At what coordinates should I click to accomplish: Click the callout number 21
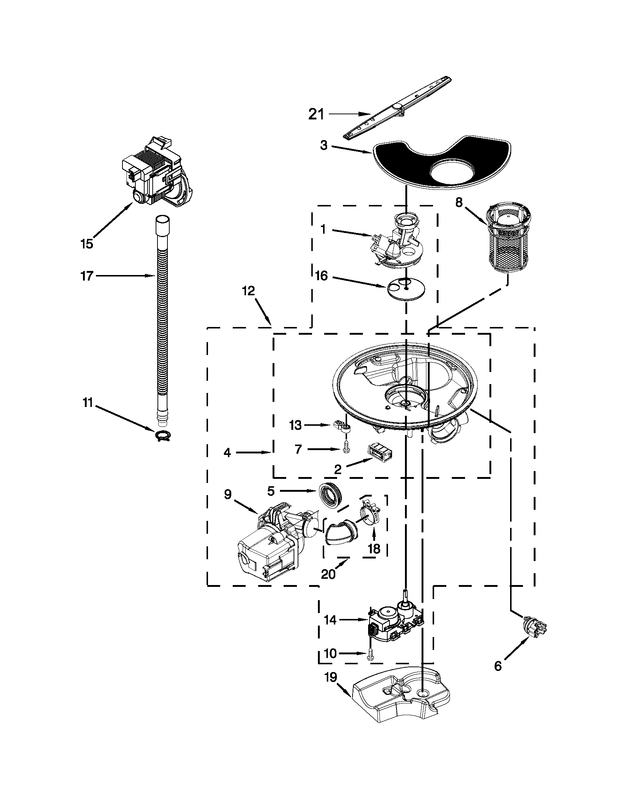316,115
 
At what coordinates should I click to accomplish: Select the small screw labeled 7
346,449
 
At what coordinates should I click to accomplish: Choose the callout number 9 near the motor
228,494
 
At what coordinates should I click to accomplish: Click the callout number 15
87,244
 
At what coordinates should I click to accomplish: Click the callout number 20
328,574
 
